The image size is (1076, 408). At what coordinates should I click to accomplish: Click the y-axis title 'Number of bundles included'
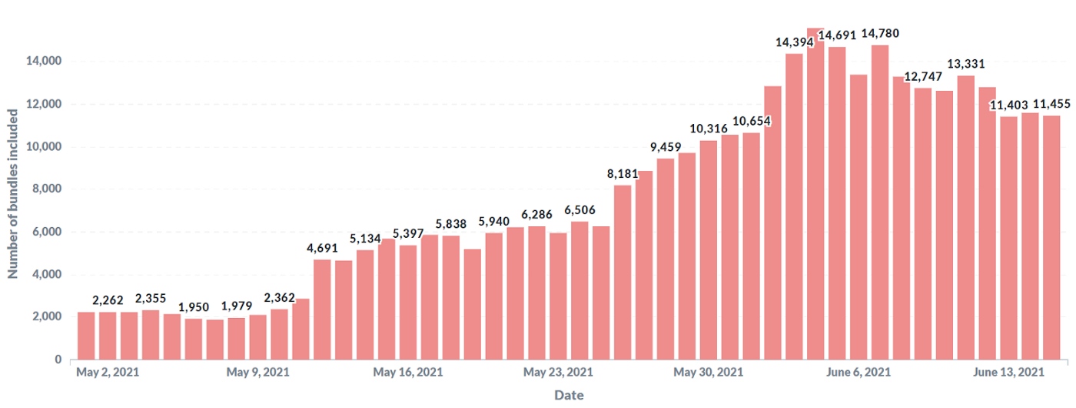pyautogui.click(x=13, y=193)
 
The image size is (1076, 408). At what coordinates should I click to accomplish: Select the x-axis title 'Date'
pyautogui.click(x=569, y=395)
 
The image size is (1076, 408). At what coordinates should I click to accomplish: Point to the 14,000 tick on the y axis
pyautogui.click(x=45, y=62)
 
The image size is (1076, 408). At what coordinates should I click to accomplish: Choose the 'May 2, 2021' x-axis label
pyautogui.click(x=108, y=373)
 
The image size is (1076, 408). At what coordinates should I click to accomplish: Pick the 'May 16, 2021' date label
pyautogui.click(x=408, y=373)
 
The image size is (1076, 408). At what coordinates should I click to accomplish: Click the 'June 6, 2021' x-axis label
pyautogui.click(x=859, y=373)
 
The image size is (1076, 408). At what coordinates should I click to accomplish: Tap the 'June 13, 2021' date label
pyautogui.click(x=1009, y=373)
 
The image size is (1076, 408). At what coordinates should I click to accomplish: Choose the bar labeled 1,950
pyautogui.click(x=194, y=339)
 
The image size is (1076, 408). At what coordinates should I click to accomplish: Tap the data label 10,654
pyautogui.click(x=752, y=121)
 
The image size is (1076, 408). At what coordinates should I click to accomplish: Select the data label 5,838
pyautogui.click(x=450, y=224)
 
